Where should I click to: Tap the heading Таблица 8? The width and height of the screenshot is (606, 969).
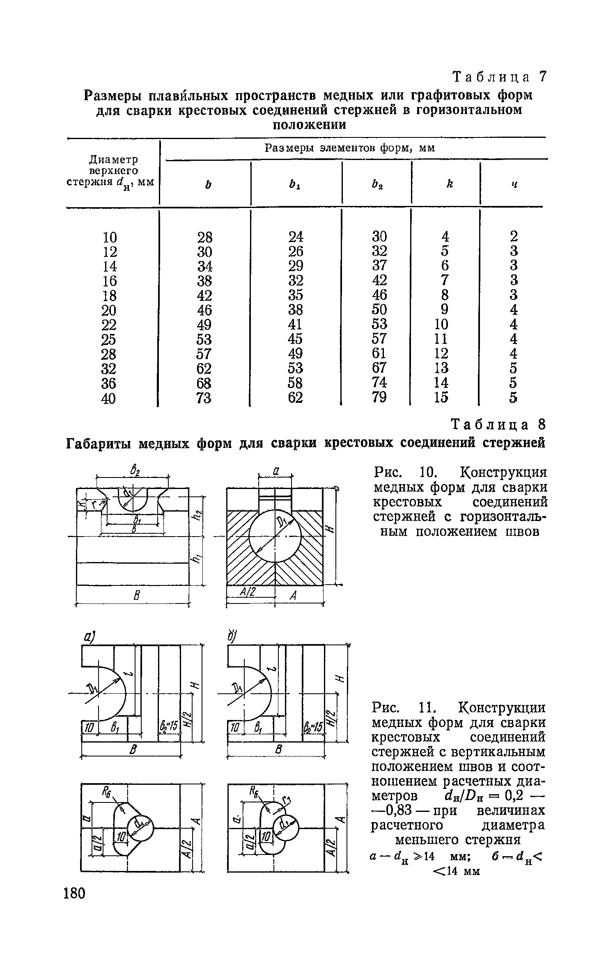click(x=499, y=423)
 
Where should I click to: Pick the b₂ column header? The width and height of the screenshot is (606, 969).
click(x=376, y=184)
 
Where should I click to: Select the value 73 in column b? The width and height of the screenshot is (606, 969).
click(x=204, y=398)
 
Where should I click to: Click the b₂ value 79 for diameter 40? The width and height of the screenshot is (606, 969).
click(x=379, y=397)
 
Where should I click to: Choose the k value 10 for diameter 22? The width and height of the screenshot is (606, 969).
click(x=442, y=324)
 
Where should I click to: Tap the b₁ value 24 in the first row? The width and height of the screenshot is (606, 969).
click(x=296, y=237)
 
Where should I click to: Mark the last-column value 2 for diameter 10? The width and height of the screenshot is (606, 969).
click(x=514, y=236)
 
